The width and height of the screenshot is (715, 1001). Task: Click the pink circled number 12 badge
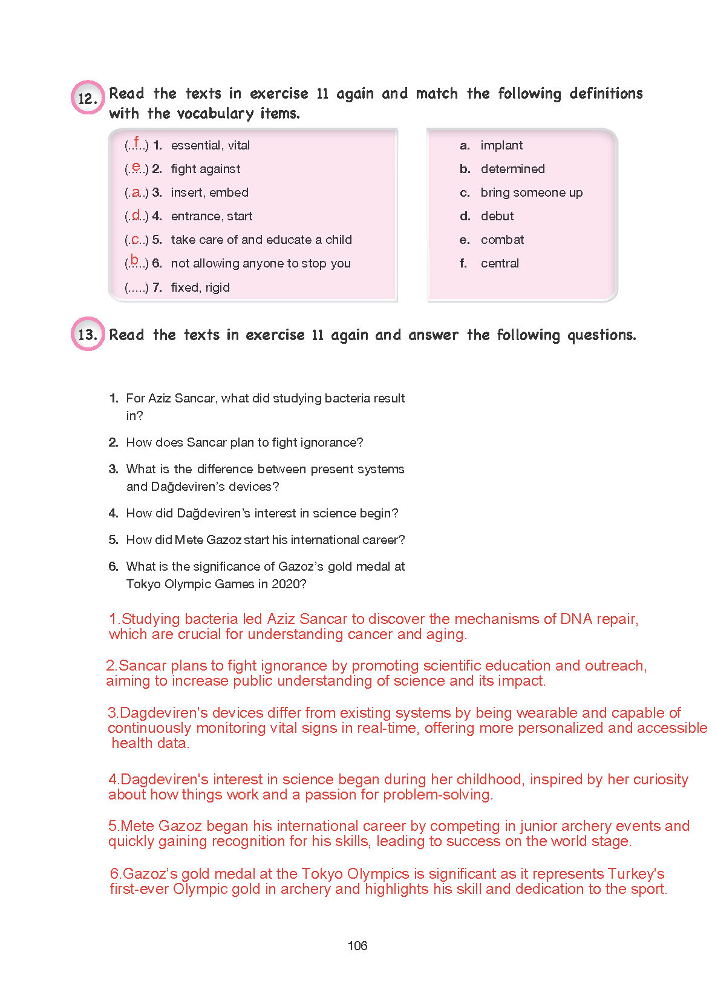(x=88, y=97)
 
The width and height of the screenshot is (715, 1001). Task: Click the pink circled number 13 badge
(x=88, y=333)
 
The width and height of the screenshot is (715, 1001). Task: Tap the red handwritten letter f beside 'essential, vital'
(x=137, y=143)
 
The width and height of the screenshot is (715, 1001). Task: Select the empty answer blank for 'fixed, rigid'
(x=136, y=287)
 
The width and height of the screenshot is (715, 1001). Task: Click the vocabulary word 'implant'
(x=501, y=145)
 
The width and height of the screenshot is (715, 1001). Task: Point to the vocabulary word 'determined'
(x=512, y=169)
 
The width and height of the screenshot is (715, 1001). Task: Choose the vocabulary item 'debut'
(x=497, y=216)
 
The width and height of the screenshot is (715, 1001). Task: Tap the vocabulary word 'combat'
(x=502, y=240)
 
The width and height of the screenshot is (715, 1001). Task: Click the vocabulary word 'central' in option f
(x=500, y=263)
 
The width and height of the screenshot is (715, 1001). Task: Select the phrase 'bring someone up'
(x=531, y=192)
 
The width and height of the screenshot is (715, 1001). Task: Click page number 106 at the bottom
(x=357, y=945)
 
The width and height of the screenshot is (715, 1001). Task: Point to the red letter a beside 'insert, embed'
(x=137, y=192)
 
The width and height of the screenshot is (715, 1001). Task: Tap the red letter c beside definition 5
(x=136, y=239)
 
